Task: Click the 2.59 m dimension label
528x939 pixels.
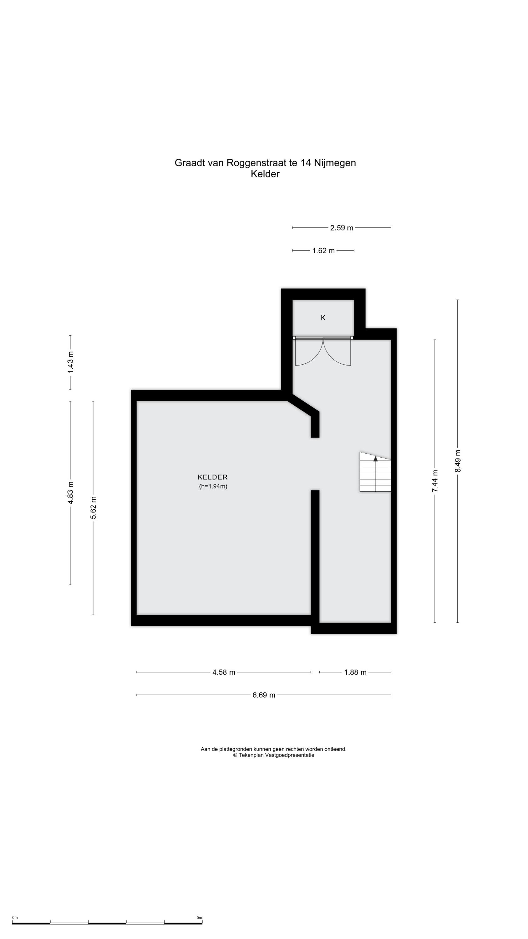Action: (342, 228)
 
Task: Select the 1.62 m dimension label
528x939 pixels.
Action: (323, 250)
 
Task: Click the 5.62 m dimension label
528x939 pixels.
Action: (93, 508)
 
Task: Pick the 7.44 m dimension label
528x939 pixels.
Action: (435, 481)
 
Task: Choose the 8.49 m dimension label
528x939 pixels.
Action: (458, 461)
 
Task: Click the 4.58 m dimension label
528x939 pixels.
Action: (224, 672)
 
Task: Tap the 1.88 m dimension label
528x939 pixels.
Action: (355, 672)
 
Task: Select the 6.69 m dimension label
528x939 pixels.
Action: (264, 695)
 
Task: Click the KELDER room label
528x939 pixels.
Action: (212, 477)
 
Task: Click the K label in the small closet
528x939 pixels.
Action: (323, 318)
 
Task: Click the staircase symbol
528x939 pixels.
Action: (375, 472)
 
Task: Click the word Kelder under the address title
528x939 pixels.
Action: (265, 174)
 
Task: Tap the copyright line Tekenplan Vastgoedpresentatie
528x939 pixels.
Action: (274, 755)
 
